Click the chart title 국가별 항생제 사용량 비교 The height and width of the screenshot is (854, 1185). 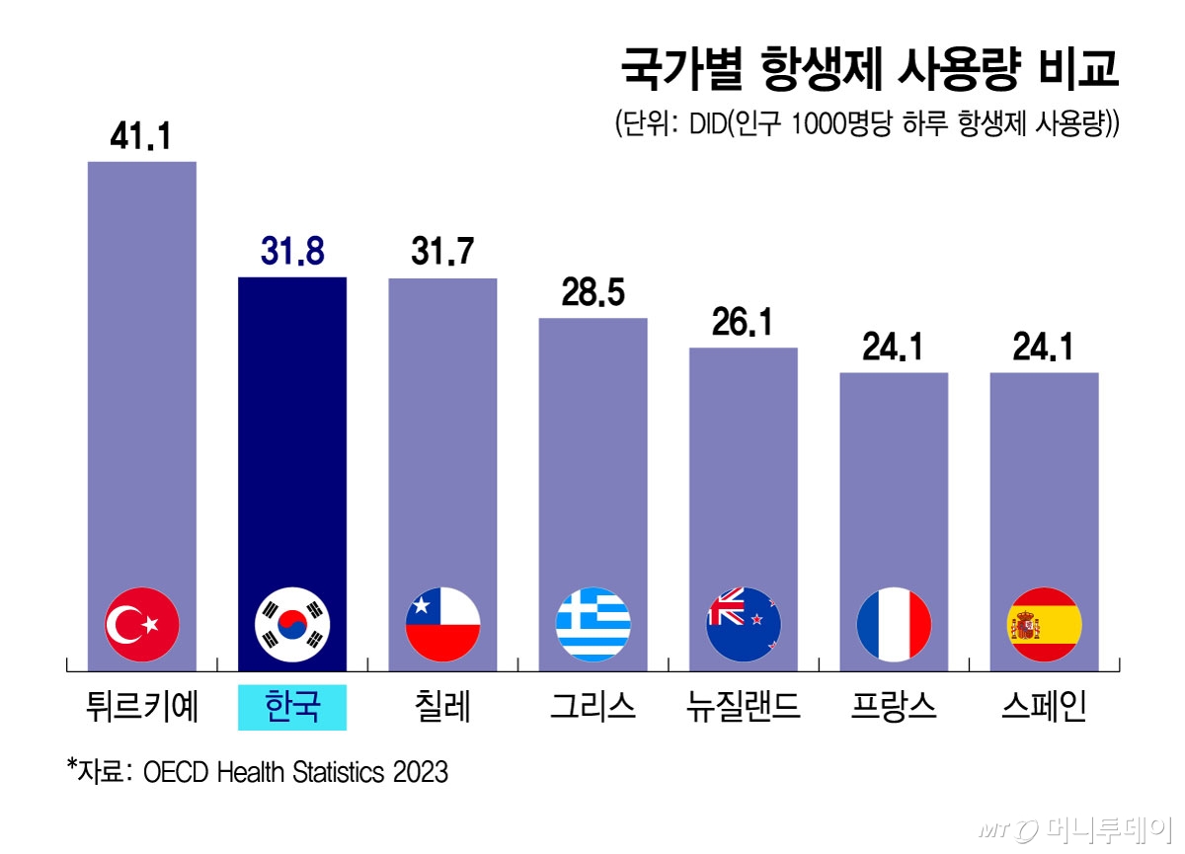point(869,71)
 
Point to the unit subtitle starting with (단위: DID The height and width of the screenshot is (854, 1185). point(866,125)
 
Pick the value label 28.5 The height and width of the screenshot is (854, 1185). point(592,294)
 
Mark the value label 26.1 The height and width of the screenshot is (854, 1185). point(743,324)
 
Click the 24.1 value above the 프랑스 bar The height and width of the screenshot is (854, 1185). point(894,349)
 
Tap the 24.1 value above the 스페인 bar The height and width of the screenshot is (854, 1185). point(1044,349)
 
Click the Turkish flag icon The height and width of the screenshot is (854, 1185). point(141,624)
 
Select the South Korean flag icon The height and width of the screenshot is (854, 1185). point(292,624)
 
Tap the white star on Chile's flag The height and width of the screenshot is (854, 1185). point(423,603)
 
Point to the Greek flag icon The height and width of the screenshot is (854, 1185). point(592,624)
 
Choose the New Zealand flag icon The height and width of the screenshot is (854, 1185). point(743,624)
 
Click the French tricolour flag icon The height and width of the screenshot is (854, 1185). point(894,624)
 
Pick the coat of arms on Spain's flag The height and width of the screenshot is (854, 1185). point(1022,624)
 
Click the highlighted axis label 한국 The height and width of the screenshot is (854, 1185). point(292,708)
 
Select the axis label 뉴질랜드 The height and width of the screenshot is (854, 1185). point(743,708)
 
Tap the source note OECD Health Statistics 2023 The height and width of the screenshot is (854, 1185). point(295,771)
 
